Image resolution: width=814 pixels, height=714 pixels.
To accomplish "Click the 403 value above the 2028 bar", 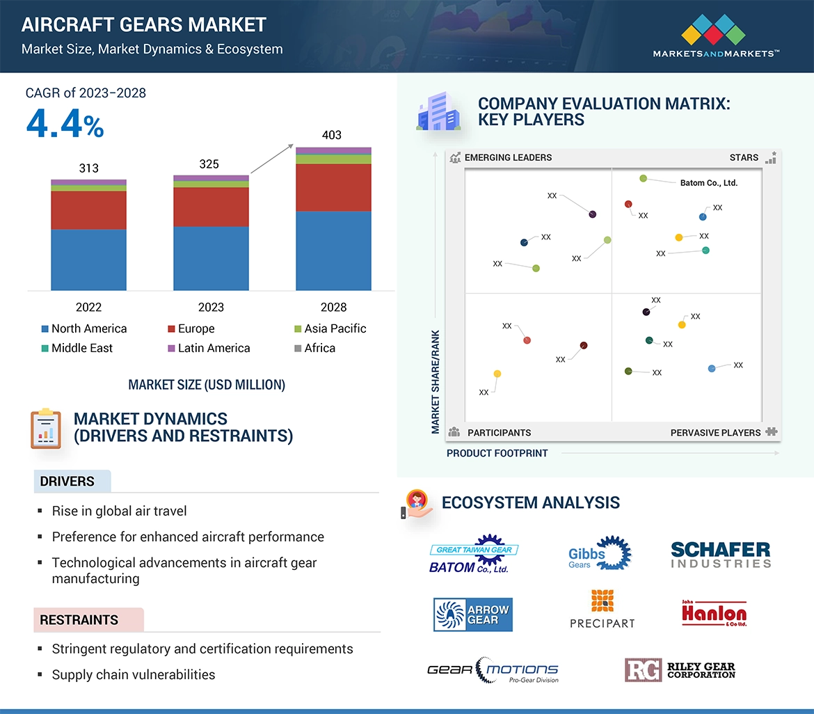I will (332, 134).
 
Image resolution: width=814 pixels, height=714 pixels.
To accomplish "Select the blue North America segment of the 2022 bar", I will (88, 260).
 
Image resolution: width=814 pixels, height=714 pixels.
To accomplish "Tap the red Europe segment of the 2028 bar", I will (333, 187).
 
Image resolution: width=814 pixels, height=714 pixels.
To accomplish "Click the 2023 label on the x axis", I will (211, 307).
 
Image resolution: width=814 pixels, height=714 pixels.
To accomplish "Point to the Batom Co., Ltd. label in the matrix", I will (708, 183).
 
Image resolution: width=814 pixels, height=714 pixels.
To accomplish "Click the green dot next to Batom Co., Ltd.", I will (644, 179).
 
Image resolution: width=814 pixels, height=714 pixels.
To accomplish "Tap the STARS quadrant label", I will (744, 158).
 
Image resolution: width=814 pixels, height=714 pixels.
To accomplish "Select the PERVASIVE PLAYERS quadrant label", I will (715, 433).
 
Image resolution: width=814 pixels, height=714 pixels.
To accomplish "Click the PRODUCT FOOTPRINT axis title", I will (497, 453).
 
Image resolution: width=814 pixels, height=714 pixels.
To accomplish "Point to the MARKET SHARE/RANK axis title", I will (436, 381).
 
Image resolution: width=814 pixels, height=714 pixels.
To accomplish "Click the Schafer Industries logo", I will (721, 555).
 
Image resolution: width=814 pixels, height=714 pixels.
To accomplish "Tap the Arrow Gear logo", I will (472, 614).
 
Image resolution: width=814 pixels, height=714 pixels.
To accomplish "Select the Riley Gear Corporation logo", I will (680, 670).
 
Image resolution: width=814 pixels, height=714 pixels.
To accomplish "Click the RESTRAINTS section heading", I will (79, 620).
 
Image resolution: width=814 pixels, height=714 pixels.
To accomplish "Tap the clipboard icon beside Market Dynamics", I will (46, 429).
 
